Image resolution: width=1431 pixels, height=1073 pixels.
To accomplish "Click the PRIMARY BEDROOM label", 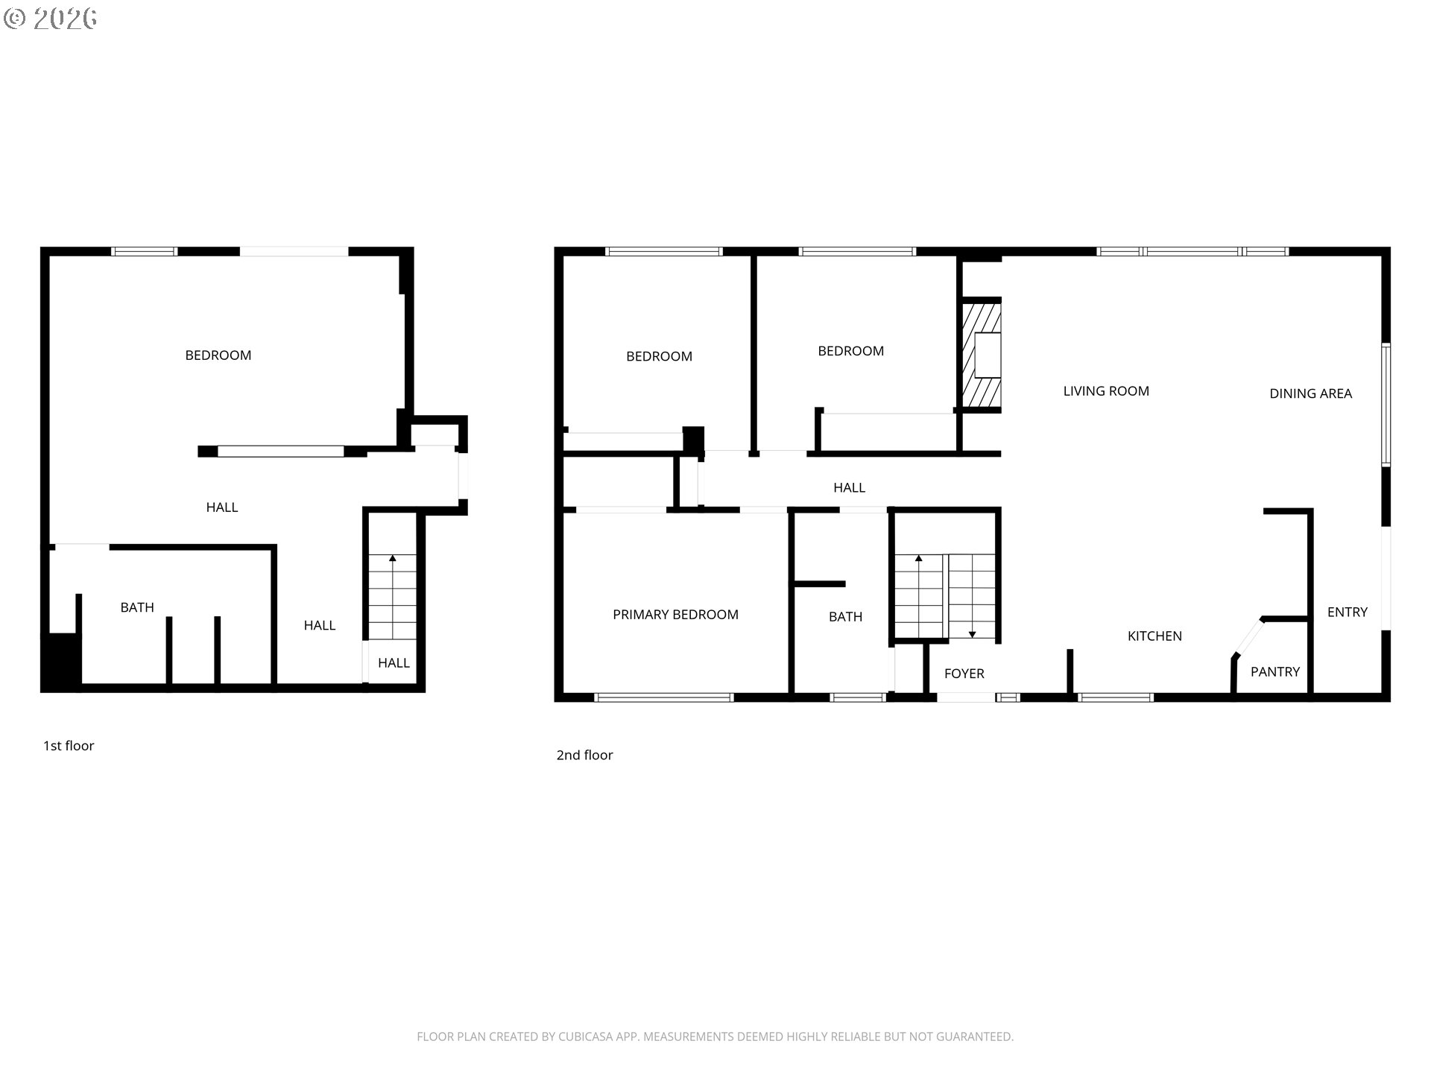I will pos(675,615).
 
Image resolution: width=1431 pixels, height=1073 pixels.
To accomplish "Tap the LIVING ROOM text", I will pos(1106,391).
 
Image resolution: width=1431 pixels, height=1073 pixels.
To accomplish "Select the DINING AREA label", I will pos(1310,393).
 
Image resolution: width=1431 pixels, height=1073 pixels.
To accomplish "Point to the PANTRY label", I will pos(1274,672).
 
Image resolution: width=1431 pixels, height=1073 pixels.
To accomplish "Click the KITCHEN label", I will pos(1154,636).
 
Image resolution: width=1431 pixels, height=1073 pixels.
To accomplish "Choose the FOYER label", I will pos(964,674).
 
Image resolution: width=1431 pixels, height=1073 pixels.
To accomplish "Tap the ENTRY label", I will pos(1347,613).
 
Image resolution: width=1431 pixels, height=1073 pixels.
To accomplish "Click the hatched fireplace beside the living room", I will pos(981,355).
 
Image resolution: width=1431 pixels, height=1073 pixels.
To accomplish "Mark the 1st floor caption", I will pos(69,746).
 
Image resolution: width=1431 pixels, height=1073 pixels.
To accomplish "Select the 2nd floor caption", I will pos(584,756).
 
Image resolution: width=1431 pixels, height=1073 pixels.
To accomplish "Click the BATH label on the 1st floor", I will pos(137,608).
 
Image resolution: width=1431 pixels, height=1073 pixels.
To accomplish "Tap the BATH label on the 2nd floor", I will pos(845,617).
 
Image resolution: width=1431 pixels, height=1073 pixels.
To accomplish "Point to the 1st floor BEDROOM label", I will pos(218,355).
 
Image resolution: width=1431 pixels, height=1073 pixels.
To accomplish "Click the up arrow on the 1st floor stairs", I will pos(393,558).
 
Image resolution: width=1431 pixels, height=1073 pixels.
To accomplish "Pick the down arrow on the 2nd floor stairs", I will pos(973,634).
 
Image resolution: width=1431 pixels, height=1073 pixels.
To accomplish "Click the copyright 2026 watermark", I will pos(51,19).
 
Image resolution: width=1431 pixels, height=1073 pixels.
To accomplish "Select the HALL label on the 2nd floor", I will pos(849,488).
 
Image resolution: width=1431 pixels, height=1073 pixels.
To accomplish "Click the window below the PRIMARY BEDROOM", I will pos(663,698).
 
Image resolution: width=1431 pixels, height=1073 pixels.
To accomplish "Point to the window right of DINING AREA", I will pos(1386,405).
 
